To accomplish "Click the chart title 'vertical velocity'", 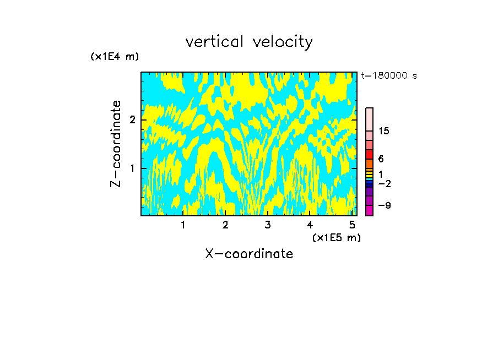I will point(249,42).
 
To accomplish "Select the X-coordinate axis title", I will point(249,254).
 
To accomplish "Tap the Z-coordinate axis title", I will point(116,144).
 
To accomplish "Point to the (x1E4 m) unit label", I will point(115,57).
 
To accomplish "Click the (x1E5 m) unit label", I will point(336,237).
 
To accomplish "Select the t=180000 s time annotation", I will point(388,76).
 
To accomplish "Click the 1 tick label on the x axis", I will point(183,225).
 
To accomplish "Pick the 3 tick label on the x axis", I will point(267,225).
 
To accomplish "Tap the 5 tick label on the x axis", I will point(351,225).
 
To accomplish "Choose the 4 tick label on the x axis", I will point(310,225).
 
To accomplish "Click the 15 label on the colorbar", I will point(384,131).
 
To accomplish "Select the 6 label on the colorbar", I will point(381,159).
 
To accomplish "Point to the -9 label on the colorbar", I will point(384,205).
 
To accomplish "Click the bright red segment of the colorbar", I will point(369,154).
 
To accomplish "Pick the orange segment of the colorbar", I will point(369,163).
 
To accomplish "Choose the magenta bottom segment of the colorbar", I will point(369,210).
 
